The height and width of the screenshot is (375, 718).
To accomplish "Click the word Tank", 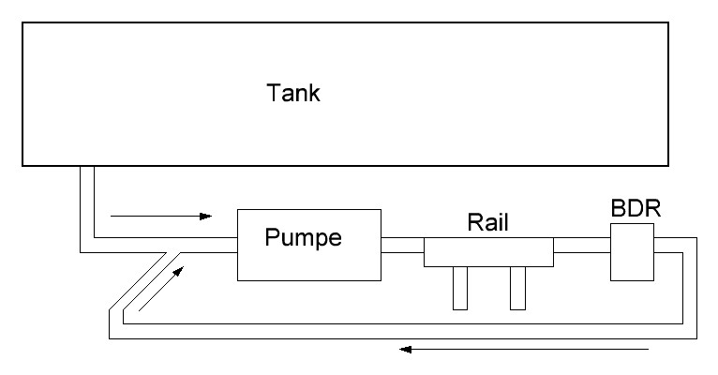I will coord(293,94).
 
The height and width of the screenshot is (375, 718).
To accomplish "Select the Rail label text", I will coord(487,224).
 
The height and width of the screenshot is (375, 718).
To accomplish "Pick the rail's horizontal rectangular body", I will coord(488,252).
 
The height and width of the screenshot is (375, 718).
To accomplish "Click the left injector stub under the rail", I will coord(460,288).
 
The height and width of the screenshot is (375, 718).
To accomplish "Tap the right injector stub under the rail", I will coord(517,288).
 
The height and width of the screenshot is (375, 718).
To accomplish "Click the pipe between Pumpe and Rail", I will coord(403,245).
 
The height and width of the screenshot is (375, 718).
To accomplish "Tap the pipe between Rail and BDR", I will coord(581,245).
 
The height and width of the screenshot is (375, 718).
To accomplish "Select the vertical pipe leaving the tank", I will coord(87,202).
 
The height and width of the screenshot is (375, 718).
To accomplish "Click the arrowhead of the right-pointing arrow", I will coord(206,217).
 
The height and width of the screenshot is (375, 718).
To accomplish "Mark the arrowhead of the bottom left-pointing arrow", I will coord(405,350).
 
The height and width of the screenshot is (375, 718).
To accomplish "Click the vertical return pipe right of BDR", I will coord(693,286).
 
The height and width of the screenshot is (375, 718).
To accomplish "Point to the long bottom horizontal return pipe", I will coord(403,331).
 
